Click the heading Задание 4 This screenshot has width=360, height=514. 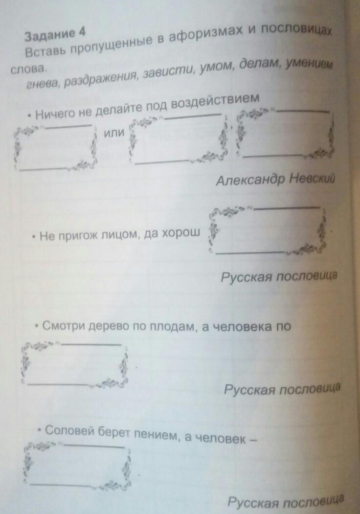55,34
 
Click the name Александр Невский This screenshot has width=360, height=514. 274,180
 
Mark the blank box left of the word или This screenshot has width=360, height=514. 55,147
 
